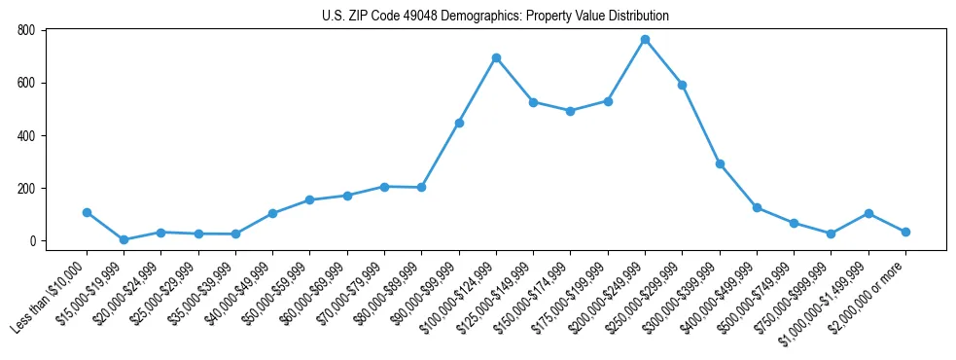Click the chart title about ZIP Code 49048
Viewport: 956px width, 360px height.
(x=495, y=17)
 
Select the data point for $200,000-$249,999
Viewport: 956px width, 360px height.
(x=645, y=40)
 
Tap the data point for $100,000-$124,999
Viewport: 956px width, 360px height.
(x=496, y=58)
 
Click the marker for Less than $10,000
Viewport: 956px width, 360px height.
(x=87, y=212)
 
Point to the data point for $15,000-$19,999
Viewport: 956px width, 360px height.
(x=124, y=239)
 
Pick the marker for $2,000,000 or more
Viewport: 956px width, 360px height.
(x=905, y=232)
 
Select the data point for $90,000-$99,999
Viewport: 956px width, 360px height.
(x=459, y=123)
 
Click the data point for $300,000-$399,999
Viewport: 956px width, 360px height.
(x=720, y=164)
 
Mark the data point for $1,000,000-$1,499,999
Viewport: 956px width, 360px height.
(x=868, y=213)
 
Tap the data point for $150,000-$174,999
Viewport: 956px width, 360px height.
(x=571, y=111)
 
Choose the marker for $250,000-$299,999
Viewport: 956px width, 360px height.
(x=683, y=85)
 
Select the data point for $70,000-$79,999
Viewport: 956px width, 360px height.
(x=384, y=187)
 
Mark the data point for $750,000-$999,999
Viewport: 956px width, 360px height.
(x=831, y=234)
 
